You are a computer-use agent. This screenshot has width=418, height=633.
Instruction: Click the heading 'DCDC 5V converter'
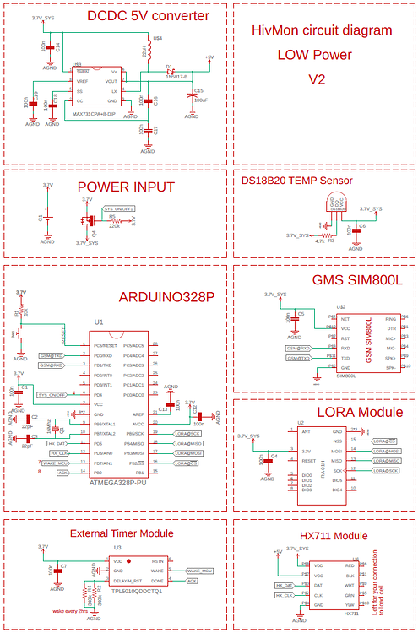[x=149, y=16]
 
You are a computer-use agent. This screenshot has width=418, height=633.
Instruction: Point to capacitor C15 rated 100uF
[x=190, y=94]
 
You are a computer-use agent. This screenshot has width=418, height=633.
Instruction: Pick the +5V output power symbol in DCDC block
[x=209, y=57]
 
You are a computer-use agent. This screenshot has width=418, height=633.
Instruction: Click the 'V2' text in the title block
[x=317, y=80]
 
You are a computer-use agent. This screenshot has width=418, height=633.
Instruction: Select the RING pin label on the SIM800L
[x=390, y=320]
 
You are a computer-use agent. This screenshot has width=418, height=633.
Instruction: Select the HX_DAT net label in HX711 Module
[x=285, y=585]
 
